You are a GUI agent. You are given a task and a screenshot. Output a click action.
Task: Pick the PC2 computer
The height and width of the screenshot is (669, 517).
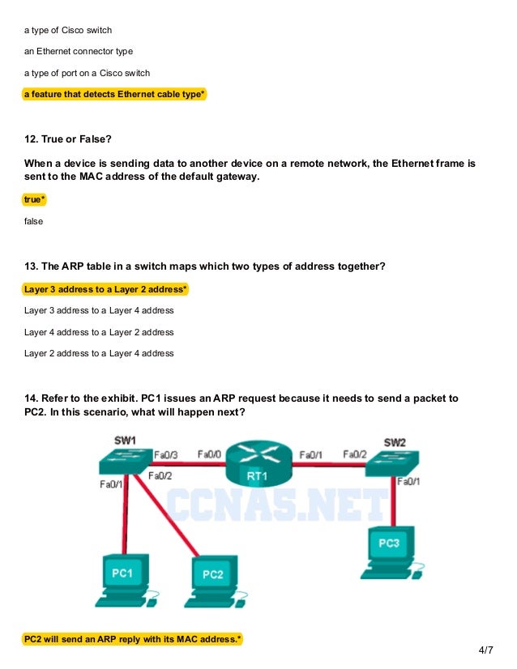tap(212, 581)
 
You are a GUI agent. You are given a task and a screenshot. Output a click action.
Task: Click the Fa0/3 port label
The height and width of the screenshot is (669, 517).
tap(166, 454)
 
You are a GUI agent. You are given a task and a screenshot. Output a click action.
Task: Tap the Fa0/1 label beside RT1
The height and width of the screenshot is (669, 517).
tap(312, 455)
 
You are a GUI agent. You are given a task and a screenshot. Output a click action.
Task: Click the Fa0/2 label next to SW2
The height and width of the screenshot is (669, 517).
tap(355, 454)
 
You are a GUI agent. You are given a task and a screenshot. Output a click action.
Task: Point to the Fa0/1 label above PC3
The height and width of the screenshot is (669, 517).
tap(408, 482)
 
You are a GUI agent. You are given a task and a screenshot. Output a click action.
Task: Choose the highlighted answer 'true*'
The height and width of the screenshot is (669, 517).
tap(35, 199)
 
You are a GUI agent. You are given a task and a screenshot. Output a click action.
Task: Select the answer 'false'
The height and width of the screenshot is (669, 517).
tap(34, 220)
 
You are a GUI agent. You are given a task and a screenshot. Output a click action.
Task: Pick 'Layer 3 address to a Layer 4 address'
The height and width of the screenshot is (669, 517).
tap(99, 310)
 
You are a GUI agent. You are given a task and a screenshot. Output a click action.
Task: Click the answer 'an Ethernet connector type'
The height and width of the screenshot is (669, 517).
tap(79, 51)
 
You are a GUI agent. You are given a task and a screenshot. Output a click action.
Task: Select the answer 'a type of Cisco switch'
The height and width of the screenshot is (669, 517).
tap(68, 30)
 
